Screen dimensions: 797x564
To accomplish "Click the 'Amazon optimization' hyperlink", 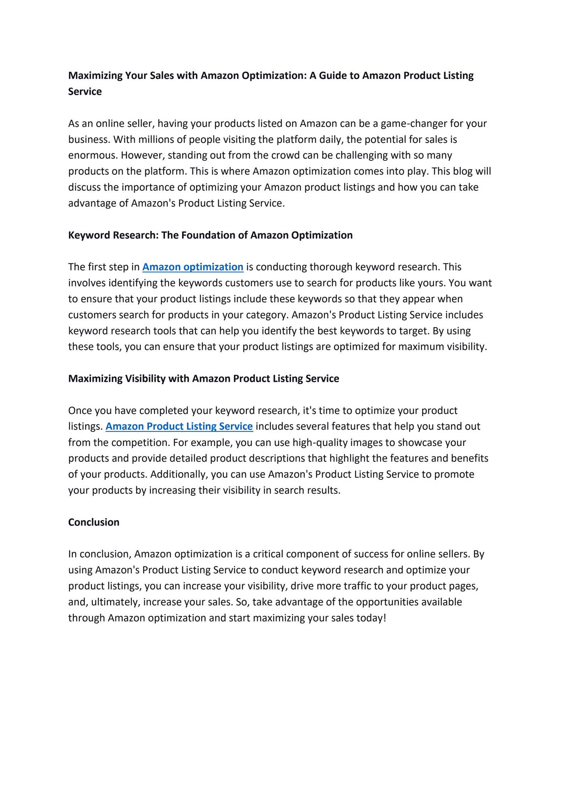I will coord(193,267).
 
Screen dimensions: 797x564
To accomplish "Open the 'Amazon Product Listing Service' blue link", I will coord(179,427).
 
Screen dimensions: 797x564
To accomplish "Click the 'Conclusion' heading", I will coord(94,522).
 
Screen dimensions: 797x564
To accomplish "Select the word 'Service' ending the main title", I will coord(85,91).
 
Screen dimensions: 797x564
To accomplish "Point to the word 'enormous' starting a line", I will coord(92,155).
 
